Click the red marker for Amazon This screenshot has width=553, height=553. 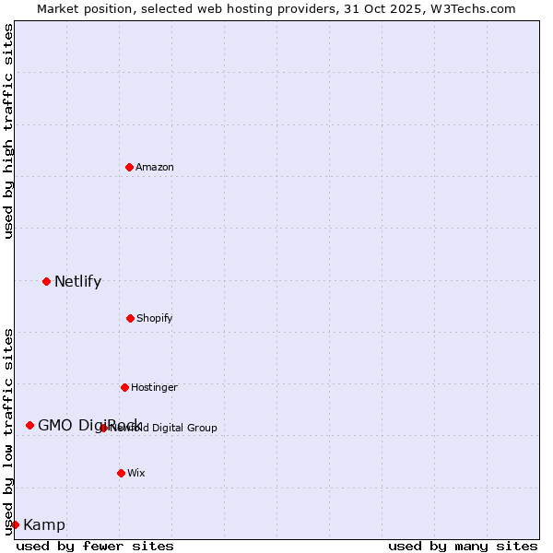pyautogui.click(x=129, y=167)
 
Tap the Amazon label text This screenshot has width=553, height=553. pyautogui.click(x=155, y=167)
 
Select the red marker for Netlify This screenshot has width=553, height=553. pyautogui.click(x=46, y=281)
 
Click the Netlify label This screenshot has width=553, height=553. pyautogui.click(x=77, y=282)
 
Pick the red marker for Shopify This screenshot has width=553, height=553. pyautogui.click(x=130, y=318)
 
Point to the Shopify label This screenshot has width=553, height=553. pyautogui.click(x=155, y=318)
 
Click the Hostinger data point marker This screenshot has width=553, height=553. pyautogui.click(x=124, y=387)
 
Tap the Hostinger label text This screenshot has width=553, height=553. pyautogui.click(x=154, y=387)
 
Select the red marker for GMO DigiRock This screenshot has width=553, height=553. pyautogui.click(x=29, y=425)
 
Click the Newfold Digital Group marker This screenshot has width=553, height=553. pyautogui.click(x=103, y=428)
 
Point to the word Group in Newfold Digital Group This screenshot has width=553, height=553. pyautogui.click(x=202, y=428)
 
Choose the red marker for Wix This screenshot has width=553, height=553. pyautogui.click(x=121, y=473)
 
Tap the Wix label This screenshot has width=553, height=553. pyautogui.click(x=136, y=473)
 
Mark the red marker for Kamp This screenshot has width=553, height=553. pyautogui.click(x=15, y=524)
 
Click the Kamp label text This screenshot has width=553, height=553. pyautogui.click(x=44, y=525)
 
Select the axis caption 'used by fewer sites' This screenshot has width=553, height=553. pyautogui.click(x=95, y=546)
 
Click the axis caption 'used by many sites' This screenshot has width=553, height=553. pyautogui.click(x=463, y=546)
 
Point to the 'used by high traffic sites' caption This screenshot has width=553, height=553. pyautogui.click(x=8, y=131)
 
